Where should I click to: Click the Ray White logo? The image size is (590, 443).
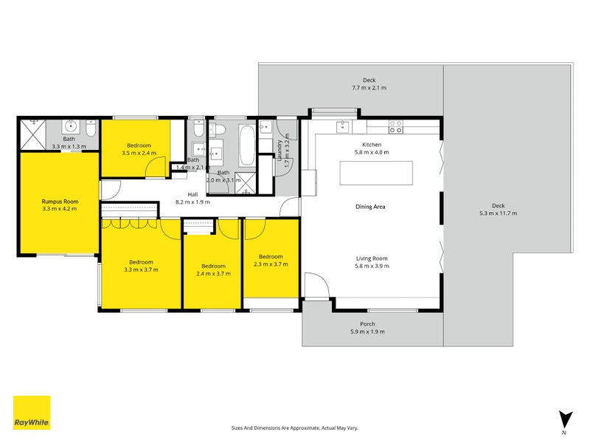coord(32,413)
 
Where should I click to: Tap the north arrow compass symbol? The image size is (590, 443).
coord(564,419)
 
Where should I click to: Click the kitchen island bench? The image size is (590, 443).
coord(375,174)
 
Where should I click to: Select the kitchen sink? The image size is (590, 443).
coord(344,128)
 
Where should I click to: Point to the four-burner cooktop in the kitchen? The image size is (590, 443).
coord(395,127)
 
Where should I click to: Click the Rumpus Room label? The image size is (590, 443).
coord(60,202)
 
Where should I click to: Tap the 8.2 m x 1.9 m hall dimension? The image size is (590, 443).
coord(192,202)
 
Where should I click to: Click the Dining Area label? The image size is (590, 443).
coord(370,207)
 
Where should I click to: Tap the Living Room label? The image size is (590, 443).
coord(372,258)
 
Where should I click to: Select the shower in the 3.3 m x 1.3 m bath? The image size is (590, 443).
coord(32,134)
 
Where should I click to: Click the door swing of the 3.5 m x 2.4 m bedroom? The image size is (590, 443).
coord(155,168)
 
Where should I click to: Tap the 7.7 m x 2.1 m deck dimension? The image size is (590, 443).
coord(369,88)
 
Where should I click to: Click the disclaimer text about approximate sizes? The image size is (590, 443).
coord(295,427)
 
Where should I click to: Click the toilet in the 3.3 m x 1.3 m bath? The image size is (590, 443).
coord(89,131)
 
